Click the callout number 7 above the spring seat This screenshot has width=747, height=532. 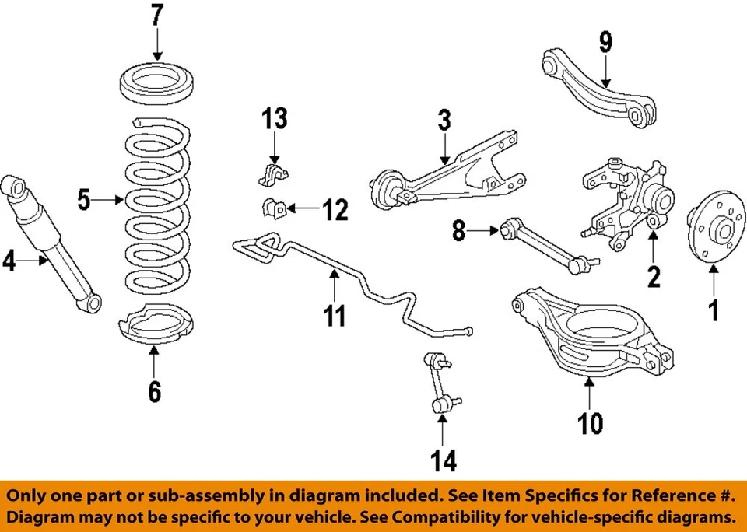157,16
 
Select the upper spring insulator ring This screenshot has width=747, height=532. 157,83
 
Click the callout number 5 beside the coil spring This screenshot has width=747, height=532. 85,201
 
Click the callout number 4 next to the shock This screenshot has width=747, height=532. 9,261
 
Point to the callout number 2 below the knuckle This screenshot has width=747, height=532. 654,275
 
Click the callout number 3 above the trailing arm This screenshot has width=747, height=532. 444,123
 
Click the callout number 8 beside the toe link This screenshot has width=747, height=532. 458,230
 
